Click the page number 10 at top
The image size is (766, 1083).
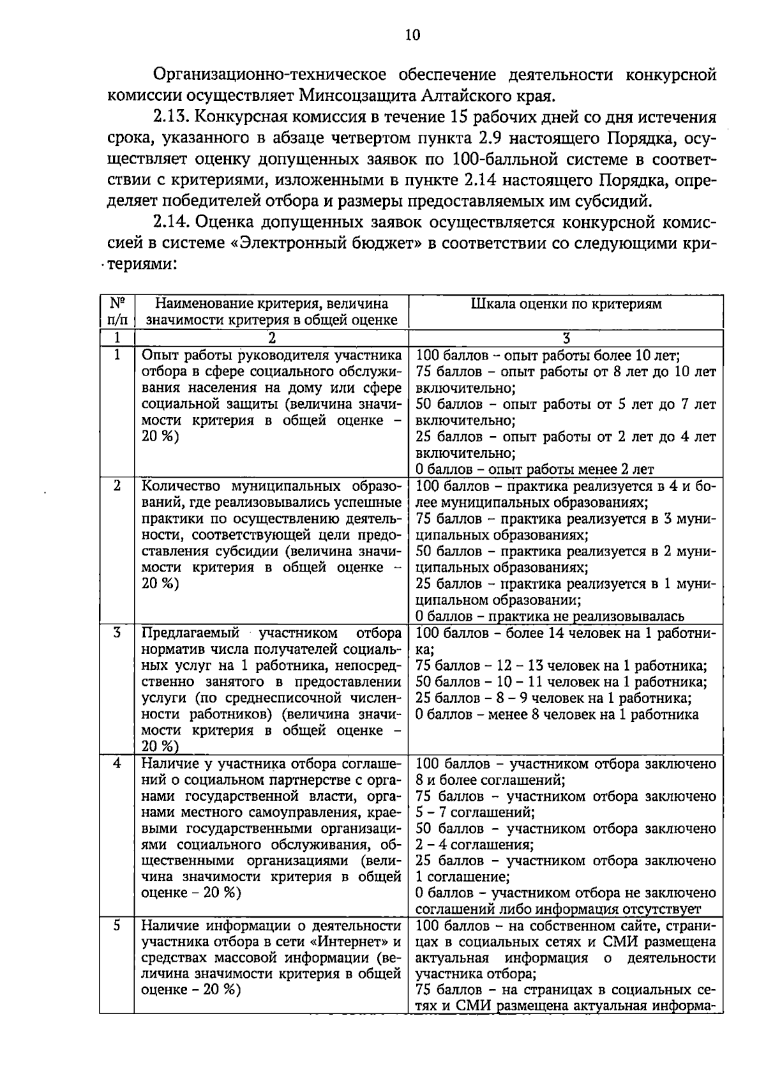tap(412, 35)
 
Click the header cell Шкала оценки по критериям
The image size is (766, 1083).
tap(566, 304)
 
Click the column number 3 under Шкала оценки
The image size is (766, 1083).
tap(566, 337)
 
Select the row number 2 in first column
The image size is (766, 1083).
tap(117, 485)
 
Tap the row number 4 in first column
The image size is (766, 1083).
tap(117, 763)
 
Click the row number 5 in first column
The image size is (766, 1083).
tap(117, 925)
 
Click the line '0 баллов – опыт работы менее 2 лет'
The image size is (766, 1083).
tap(534, 469)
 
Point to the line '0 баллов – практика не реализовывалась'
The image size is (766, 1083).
tap(550, 616)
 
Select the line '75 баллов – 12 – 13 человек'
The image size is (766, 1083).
tap(560, 666)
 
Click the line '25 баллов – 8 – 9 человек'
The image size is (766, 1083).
tap(553, 698)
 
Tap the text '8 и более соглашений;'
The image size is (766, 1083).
tap(490, 780)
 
